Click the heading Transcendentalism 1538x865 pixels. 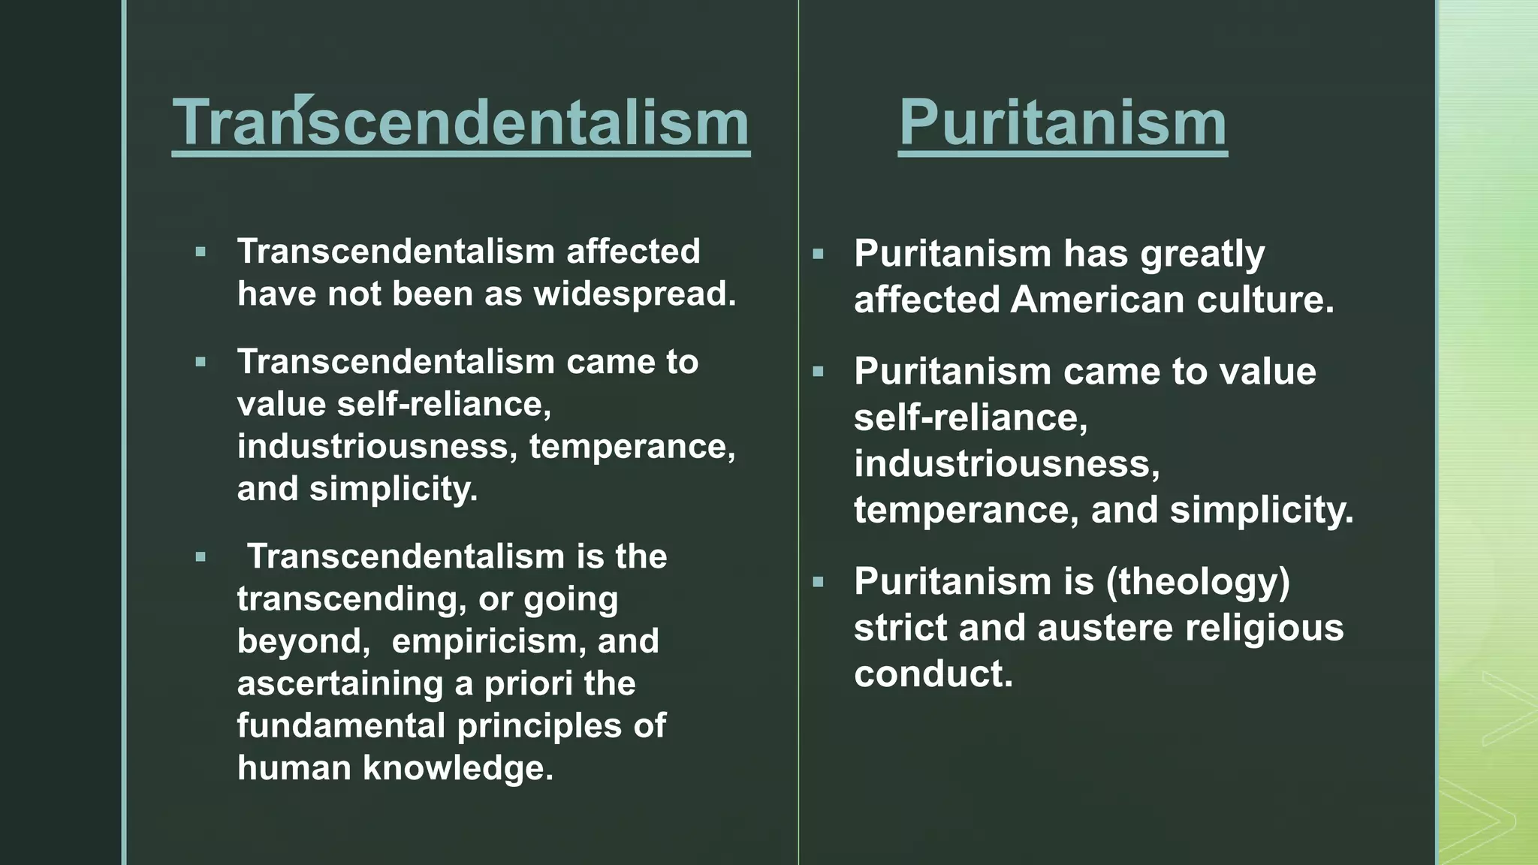[460, 122]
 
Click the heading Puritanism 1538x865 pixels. [1063, 122]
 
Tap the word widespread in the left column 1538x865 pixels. [634, 294]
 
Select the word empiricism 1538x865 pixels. [483, 641]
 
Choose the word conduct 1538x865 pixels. [933, 674]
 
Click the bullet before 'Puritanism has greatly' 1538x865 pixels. [818, 254]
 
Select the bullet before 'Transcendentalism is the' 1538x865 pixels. [201, 557]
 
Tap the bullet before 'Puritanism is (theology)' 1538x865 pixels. [818, 581]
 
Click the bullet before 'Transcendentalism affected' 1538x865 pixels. [201, 252]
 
